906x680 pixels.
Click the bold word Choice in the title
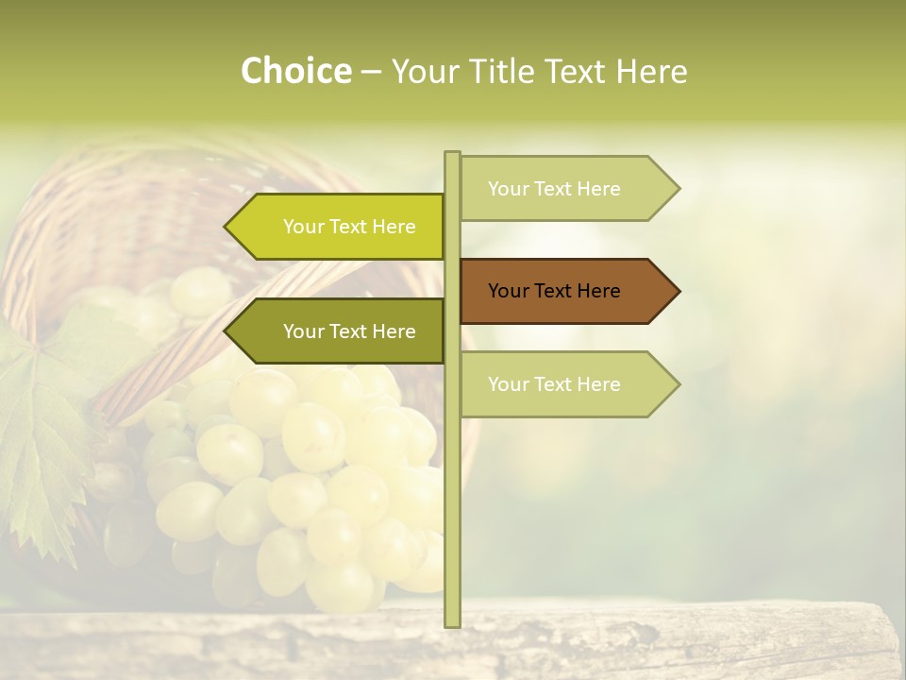pos(295,72)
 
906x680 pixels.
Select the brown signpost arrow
pos(566,291)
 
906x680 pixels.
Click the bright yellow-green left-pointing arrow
pos(340,227)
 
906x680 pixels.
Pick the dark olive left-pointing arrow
pos(340,331)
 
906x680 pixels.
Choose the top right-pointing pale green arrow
pos(566,189)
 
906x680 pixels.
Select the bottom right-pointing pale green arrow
pos(566,384)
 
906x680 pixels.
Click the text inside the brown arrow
pos(554,291)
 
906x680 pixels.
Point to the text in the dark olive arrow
pos(349,331)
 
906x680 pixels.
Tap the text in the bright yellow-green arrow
pos(349,227)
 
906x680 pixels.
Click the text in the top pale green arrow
pos(554,189)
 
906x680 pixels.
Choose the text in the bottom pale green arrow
pos(554,384)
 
